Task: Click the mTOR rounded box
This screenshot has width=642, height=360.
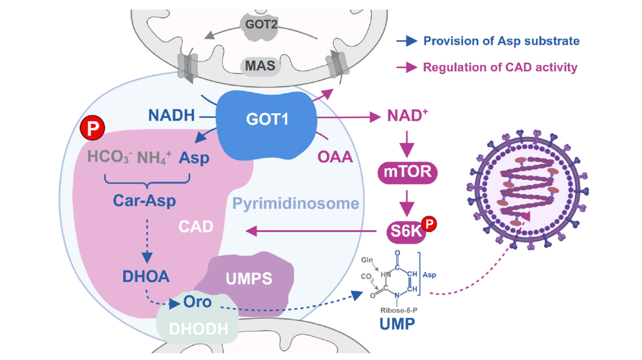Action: click(x=407, y=172)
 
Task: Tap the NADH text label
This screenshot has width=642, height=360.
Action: click(x=172, y=116)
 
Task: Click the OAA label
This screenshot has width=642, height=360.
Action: click(x=335, y=157)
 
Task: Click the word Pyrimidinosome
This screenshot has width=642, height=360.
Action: click(x=296, y=204)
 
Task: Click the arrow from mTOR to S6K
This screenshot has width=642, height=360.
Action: click(x=407, y=202)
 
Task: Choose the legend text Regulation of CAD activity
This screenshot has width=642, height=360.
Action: click(x=500, y=67)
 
